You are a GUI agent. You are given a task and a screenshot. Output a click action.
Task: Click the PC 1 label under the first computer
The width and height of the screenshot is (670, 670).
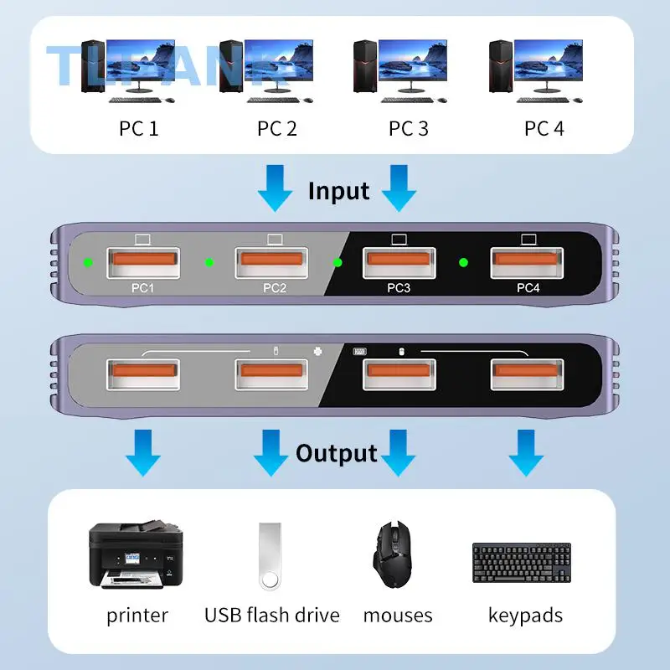[139, 128]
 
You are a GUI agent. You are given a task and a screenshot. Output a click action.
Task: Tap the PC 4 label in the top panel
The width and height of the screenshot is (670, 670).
[544, 128]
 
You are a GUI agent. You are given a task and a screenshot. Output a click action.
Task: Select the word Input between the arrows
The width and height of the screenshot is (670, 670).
[338, 191]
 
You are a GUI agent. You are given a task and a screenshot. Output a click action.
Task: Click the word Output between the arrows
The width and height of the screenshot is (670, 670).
[336, 454]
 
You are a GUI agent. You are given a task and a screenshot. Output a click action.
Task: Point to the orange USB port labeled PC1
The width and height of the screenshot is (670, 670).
[142, 262]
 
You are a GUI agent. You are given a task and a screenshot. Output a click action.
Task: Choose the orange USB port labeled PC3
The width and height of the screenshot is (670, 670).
[399, 262]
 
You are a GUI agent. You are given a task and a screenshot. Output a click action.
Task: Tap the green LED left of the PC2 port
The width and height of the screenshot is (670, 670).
[209, 263]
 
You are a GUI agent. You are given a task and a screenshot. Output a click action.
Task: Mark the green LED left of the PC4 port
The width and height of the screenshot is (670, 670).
[463, 263]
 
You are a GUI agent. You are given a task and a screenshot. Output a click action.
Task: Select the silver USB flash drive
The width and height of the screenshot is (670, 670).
[271, 555]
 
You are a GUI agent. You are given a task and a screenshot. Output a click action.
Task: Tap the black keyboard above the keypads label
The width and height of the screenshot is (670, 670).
[522, 563]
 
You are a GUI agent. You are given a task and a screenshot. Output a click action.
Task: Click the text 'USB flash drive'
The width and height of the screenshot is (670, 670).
[271, 616]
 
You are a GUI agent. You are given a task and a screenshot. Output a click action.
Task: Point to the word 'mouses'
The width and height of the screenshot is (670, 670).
[398, 616]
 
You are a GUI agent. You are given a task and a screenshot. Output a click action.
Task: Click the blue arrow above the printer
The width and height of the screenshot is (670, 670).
[143, 452]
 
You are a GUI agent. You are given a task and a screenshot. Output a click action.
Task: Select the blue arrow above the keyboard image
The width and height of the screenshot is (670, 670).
[526, 452]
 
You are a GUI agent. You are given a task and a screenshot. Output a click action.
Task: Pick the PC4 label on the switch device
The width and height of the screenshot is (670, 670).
[528, 288]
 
